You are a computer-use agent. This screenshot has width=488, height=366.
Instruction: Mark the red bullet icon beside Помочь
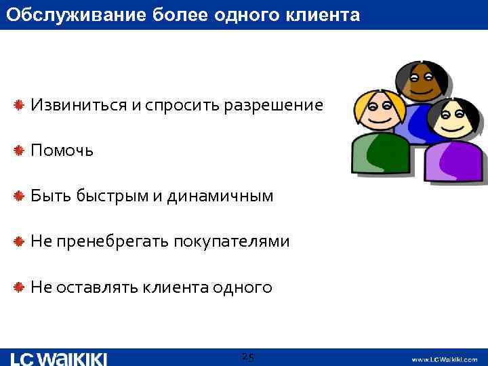point(20,150)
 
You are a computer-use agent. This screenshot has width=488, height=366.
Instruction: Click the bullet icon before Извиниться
point(20,105)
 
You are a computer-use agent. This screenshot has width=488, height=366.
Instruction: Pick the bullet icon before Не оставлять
point(20,287)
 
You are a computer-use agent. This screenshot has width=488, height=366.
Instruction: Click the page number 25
point(247,357)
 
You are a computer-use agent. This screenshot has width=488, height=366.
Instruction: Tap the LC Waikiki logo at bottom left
point(60,358)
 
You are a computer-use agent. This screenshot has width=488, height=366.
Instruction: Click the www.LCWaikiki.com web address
point(444,359)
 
